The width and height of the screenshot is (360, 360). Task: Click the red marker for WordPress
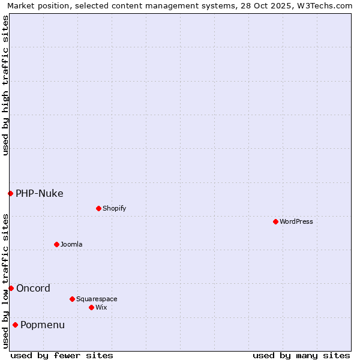[275, 221]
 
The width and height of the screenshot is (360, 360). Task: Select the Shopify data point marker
[98, 208]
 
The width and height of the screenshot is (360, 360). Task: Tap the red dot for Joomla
[56, 244]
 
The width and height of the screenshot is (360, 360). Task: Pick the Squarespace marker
[72, 299]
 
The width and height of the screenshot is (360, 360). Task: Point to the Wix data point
[91, 307]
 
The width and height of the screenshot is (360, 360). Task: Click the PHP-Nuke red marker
[10, 193]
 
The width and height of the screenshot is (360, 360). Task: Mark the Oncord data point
[11, 288]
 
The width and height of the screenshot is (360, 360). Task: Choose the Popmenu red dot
[15, 325]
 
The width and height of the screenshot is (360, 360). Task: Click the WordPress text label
[296, 221]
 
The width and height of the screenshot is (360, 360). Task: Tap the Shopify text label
[114, 208]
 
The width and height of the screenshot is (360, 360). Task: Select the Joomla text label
[71, 244]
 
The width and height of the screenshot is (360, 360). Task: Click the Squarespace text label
[97, 299]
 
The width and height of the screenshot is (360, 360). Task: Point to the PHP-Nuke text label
[40, 193]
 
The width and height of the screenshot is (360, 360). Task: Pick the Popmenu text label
[43, 325]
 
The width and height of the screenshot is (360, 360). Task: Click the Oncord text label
[33, 288]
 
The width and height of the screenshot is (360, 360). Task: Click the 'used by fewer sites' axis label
[62, 355]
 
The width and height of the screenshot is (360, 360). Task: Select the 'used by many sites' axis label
[301, 355]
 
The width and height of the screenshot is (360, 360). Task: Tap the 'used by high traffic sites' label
[5, 85]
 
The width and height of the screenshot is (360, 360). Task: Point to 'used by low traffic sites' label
[5, 281]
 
